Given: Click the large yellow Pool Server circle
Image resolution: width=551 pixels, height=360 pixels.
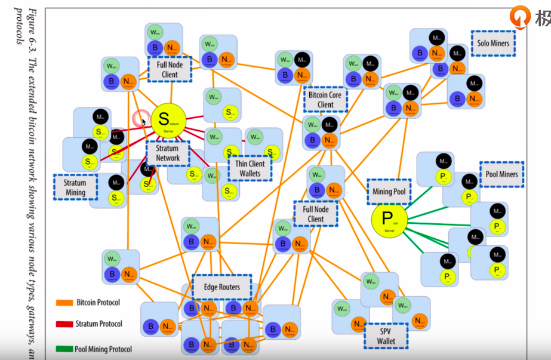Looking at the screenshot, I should [x=389, y=221].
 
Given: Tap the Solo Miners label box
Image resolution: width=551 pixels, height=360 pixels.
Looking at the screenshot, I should [x=492, y=44].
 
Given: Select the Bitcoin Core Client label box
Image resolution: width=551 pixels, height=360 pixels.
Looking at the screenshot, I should [x=325, y=100].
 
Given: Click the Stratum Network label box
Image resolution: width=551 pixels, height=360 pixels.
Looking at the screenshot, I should [x=168, y=153].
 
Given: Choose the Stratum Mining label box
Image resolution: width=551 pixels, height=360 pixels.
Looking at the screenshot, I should [x=76, y=187].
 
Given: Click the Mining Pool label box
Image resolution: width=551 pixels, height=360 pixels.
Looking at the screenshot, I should [x=389, y=192].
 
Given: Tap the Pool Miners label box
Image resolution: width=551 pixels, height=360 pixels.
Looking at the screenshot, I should [x=501, y=174].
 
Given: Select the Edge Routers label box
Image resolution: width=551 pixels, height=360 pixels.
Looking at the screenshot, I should [x=221, y=287].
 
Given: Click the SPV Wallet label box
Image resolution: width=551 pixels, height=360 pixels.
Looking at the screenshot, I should [x=386, y=336].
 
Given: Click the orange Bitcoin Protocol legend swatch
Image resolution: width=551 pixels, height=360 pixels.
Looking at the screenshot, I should [x=64, y=303].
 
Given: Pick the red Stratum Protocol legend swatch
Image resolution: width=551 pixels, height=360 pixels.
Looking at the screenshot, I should [x=64, y=324].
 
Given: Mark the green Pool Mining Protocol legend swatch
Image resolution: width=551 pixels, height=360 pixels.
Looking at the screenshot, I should [x=64, y=349].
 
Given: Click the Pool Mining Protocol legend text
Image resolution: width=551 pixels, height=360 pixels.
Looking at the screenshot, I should [x=103, y=349].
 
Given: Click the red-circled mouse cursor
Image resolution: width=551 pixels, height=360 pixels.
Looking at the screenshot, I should [x=142, y=119].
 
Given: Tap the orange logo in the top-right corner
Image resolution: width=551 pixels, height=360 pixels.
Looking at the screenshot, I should [x=519, y=17].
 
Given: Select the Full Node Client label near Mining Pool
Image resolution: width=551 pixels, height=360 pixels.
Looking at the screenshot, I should [x=316, y=214].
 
